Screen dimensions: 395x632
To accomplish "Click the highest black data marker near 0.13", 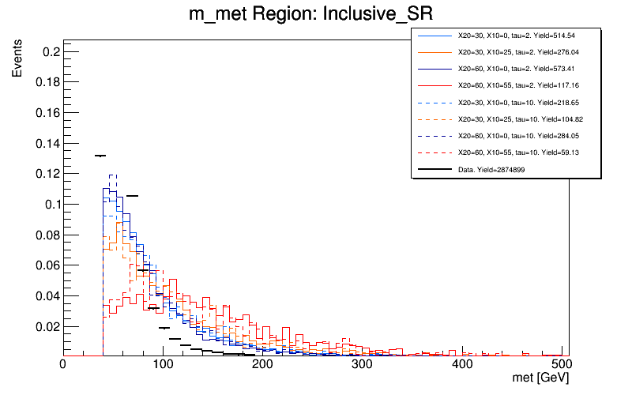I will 100,156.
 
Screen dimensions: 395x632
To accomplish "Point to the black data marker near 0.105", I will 132,195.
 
